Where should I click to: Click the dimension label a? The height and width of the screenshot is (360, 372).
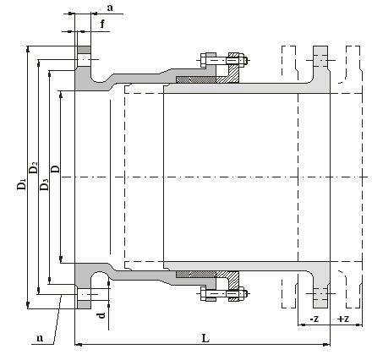click(110, 8)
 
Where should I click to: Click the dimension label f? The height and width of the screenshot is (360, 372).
click(102, 24)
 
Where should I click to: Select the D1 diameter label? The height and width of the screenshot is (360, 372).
click(21, 184)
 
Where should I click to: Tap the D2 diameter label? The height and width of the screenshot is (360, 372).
click(33, 167)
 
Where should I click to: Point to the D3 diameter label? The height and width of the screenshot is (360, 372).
click(44, 185)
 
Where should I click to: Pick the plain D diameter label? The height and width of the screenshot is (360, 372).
click(55, 169)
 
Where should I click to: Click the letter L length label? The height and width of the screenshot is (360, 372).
click(205, 338)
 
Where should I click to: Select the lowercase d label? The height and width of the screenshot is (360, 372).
click(101, 315)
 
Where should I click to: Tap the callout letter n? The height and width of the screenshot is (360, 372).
click(40, 338)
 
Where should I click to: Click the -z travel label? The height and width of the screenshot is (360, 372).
click(314, 319)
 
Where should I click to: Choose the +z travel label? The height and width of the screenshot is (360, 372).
click(343, 319)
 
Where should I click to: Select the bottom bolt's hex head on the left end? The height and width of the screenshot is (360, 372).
click(203, 294)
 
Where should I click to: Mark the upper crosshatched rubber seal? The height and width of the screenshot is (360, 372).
click(196, 79)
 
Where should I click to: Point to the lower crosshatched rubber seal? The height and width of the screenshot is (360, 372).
click(196, 274)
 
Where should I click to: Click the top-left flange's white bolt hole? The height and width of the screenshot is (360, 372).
click(84, 60)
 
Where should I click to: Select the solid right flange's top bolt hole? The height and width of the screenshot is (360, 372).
click(320, 60)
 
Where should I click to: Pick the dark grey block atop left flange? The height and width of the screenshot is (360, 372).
click(85, 50)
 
